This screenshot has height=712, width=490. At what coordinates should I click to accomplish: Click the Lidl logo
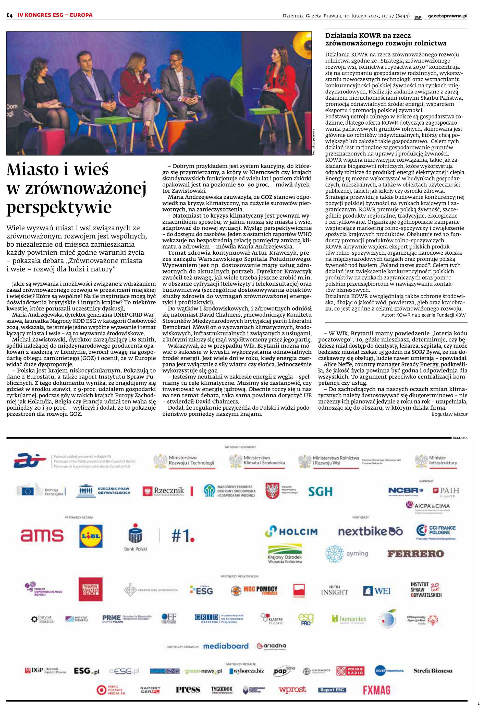[x=91, y=536]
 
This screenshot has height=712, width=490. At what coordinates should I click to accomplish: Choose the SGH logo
[x=320, y=492]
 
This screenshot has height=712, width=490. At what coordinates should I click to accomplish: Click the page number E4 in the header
[x=9, y=15]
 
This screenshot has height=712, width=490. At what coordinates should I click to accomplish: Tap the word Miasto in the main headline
[x=33, y=170]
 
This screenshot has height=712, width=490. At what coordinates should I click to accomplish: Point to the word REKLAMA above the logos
[x=460, y=438]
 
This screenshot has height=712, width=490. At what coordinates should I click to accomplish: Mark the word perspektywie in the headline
[x=59, y=207]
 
